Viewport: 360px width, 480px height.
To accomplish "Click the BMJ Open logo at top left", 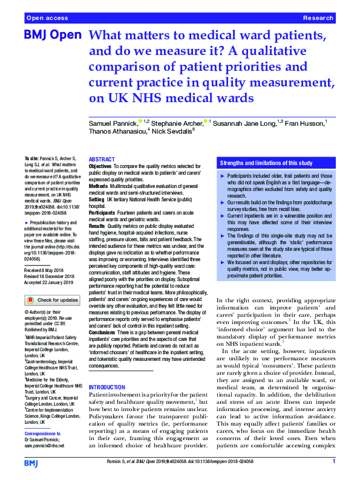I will [x=52, y=36].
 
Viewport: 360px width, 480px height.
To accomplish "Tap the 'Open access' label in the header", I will [x=44, y=19].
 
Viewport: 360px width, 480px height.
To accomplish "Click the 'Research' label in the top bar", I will [x=318, y=19].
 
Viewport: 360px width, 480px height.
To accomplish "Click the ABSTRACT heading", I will [x=102, y=158].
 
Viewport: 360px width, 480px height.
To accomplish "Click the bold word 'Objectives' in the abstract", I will [x=100, y=165].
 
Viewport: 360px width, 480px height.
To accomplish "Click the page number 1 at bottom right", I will [x=334, y=462].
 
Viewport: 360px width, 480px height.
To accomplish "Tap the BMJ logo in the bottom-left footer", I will [x=31, y=462].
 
